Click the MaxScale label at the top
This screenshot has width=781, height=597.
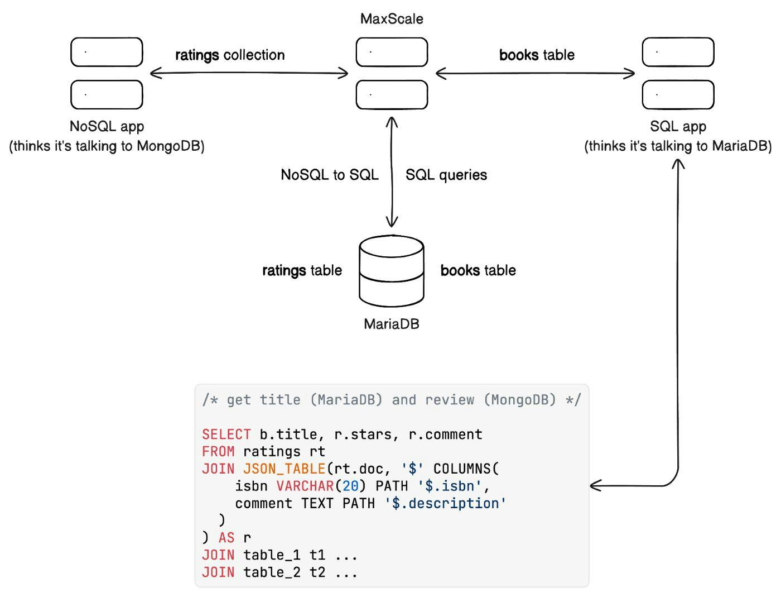point(392,19)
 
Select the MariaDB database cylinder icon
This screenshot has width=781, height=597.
point(392,270)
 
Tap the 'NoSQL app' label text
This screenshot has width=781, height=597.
point(107,127)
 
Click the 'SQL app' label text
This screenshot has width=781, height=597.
point(678,127)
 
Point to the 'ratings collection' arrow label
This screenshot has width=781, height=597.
point(230,55)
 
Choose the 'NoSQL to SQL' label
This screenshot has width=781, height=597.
point(330,175)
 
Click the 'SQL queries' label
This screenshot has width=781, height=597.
point(446,175)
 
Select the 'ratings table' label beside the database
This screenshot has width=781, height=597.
point(302,271)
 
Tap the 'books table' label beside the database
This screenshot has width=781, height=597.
point(478,271)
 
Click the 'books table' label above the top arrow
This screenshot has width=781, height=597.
point(537,55)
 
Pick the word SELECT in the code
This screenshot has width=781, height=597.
point(226,434)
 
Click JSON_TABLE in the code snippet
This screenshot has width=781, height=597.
point(284,469)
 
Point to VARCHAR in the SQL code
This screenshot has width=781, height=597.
point(305,486)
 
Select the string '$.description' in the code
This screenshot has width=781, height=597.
point(445,503)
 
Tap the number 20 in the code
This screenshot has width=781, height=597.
point(350,486)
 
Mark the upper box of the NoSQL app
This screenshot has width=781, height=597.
point(107,52)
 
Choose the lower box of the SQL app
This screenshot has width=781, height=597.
point(678,95)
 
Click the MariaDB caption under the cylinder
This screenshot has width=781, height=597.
point(391,324)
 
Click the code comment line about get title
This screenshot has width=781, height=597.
point(391,400)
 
